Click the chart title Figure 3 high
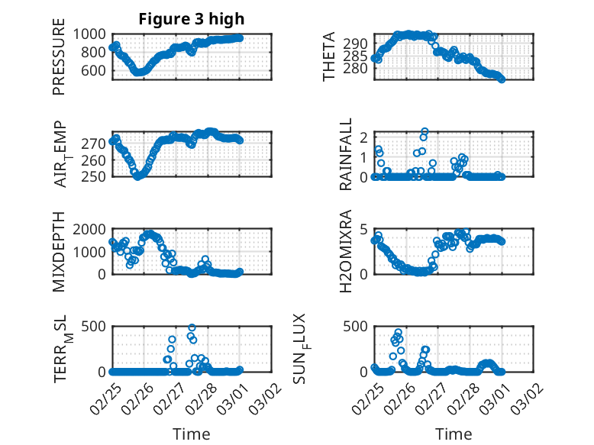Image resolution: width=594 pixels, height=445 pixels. pos(192,19)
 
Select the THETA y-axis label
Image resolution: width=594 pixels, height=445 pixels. pos(329,56)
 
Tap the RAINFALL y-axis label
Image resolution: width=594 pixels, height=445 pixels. pos(346,154)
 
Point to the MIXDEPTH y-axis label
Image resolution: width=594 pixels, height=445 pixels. pos(60,251)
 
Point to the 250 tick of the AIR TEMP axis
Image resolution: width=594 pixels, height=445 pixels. pos(96,177)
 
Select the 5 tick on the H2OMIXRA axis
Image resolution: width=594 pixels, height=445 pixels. pos(365,229)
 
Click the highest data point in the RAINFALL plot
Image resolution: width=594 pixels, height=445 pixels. pos(425,132)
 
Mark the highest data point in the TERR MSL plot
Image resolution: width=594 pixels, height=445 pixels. pos(192,328)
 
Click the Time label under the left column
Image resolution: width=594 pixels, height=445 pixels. pos(192,434)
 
